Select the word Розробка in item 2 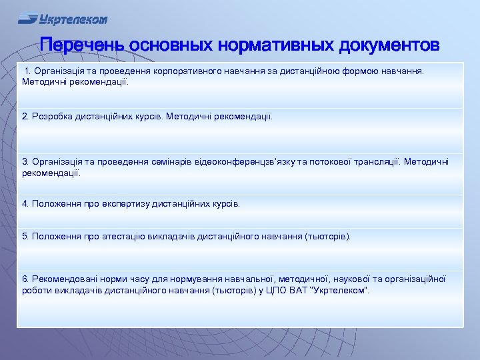point(52,117)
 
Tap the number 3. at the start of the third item point(26,162)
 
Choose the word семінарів point(164,162)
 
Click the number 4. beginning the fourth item point(26,204)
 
